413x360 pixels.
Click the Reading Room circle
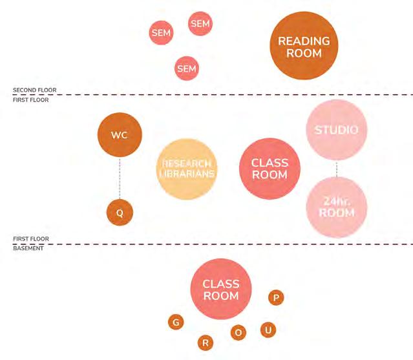click(304, 47)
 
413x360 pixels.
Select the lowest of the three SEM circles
click(186, 68)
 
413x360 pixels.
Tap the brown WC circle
click(120, 136)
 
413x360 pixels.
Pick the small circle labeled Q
click(120, 212)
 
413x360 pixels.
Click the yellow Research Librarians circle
click(187, 169)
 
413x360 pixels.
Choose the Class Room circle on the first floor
click(270, 169)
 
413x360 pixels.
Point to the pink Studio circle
click(336, 131)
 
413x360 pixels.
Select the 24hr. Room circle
click(336, 207)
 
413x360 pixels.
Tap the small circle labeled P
click(276, 297)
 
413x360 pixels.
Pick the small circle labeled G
click(175, 321)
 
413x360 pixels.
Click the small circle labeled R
click(205, 343)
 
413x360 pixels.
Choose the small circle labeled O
click(238, 332)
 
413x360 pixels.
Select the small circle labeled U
click(268, 330)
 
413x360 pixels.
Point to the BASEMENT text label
click(28, 248)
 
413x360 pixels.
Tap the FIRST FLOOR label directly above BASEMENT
click(30, 239)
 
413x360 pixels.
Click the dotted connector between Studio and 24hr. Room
click(336, 169)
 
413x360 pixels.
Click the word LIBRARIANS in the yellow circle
click(187, 173)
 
